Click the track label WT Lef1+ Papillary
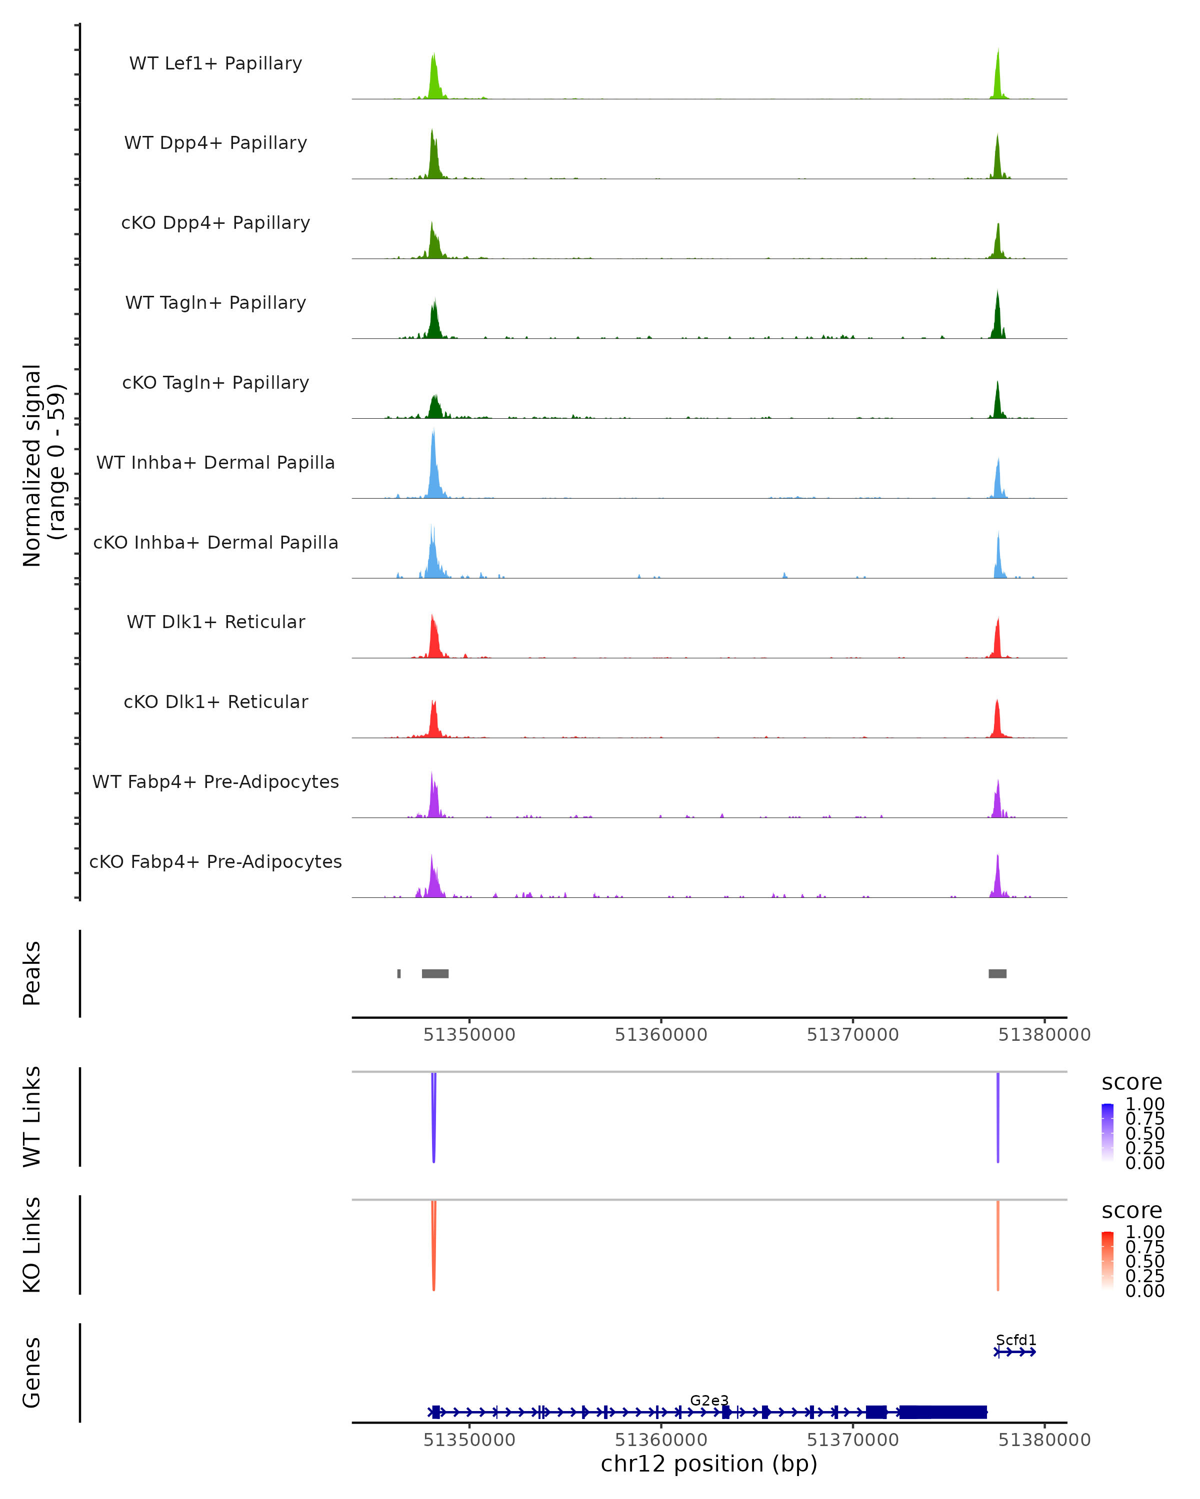215,63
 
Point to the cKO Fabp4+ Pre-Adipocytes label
215,861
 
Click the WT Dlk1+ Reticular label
215,622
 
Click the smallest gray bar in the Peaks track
398,973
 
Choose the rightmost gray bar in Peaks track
997,973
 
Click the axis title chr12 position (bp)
709,1464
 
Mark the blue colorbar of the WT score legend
1107,1133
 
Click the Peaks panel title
32,973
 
